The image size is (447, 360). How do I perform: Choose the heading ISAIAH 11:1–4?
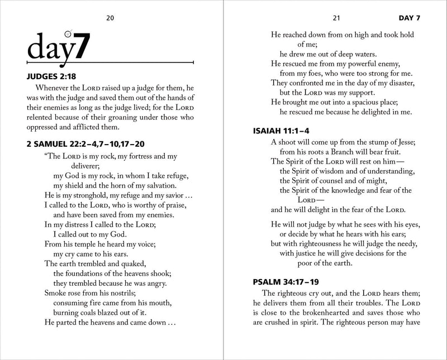coord(278,131)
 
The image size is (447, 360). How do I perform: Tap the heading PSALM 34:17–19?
coord(283,282)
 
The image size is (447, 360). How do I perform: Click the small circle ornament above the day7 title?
coord(68,32)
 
